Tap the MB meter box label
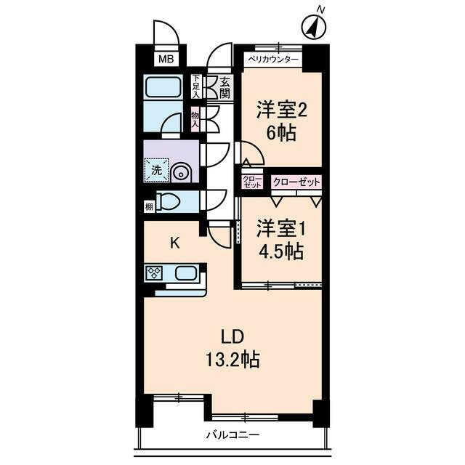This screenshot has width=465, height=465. coord(166,59)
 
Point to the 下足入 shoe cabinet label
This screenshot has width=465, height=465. coord(195,86)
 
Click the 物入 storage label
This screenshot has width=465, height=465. coord(195,119)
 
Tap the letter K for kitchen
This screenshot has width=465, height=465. coord(175,243)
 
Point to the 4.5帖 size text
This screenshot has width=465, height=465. coord(280,251)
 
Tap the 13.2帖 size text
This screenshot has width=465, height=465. coord(231,359)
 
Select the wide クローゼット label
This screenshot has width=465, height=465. coord(296,182)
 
